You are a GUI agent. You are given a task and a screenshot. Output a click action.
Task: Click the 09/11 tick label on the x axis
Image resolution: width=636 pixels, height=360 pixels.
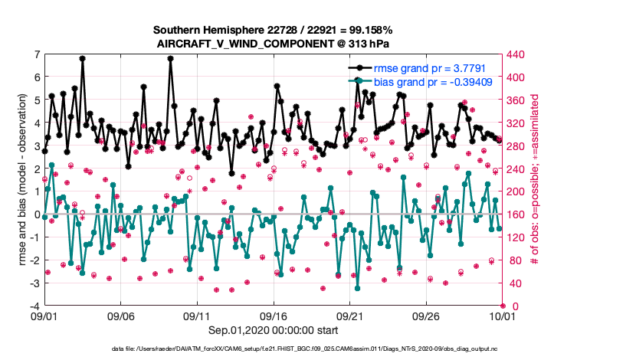coord(197,315)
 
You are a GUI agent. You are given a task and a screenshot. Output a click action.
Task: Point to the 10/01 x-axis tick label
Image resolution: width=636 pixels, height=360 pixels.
coord(502,315)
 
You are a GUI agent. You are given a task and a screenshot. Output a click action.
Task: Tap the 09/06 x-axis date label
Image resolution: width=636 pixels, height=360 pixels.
coord(120,315)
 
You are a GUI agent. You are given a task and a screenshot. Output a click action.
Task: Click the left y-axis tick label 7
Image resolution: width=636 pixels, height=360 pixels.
coord(36,54)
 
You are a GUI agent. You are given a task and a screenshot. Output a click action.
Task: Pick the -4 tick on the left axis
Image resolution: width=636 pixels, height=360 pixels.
coord(34,306)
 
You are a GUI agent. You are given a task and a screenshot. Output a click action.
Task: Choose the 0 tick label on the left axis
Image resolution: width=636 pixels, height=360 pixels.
coord(36,214)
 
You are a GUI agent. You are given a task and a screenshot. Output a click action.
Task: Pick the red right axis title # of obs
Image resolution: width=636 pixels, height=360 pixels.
coord(537,181)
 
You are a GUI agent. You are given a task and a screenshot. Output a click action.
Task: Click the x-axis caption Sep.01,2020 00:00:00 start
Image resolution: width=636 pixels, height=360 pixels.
coord(273,329)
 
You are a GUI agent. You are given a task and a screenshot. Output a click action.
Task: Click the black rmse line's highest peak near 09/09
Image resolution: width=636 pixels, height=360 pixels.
coord(170,58)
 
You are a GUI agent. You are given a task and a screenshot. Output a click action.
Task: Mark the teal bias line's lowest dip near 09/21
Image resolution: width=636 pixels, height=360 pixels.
coord(358,288)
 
